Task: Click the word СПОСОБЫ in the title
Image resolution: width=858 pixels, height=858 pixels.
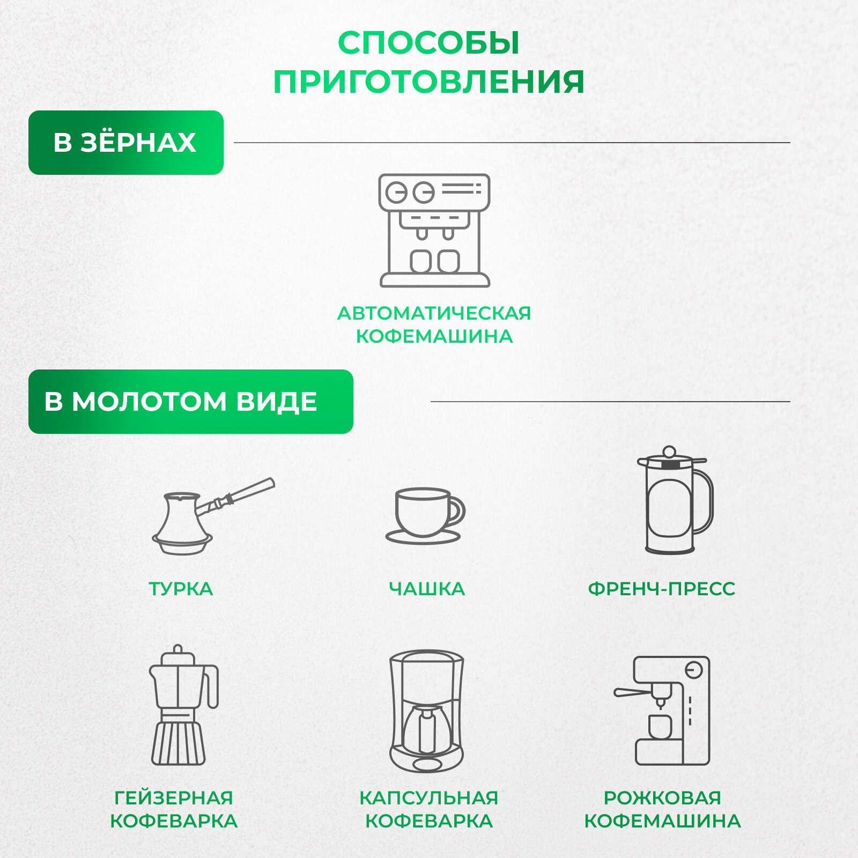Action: [428, 43]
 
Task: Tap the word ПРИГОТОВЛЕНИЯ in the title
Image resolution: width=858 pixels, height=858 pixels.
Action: [428, 82]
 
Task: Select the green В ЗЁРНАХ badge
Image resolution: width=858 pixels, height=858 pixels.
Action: [126, 143]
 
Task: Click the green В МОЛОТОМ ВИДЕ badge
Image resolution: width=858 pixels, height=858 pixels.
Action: [190, 402]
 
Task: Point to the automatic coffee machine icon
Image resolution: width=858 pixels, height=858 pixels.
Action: [434, 231]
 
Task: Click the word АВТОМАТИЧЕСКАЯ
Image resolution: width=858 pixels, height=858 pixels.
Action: [434, 313]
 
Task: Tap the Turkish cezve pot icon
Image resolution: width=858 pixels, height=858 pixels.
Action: [182, 523]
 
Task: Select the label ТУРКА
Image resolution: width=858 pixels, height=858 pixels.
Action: [181, 589]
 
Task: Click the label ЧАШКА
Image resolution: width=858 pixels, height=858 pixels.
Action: [427, 589]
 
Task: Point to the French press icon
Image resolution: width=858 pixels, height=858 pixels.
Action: [673, 501]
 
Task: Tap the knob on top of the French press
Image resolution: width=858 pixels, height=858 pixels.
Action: [669, 451]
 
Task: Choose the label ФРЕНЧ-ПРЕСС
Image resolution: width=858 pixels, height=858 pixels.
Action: [661, 589]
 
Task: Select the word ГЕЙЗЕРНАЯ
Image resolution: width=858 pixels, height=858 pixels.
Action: [174, 798]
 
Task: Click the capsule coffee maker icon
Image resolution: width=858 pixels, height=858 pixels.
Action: [427, 711]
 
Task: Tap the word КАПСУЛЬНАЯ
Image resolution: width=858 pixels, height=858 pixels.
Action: [428, 798]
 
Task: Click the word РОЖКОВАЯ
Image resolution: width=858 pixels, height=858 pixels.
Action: [662, 798]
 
